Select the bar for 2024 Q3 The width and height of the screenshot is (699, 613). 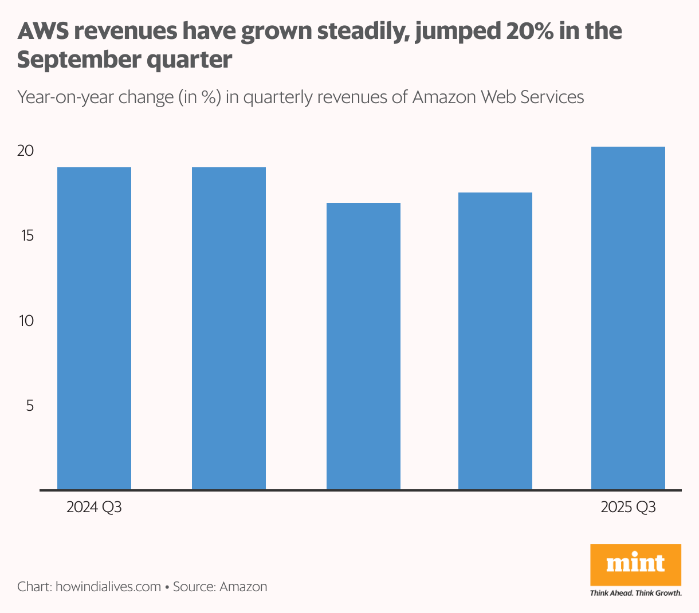[94, 328]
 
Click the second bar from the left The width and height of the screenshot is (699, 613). [229, 328]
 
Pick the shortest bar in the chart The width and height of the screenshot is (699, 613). [363, 346]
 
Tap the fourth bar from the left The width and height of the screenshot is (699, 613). [495, 341]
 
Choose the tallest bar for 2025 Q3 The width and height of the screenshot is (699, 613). [628, 318]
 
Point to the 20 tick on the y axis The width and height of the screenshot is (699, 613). [26, 151]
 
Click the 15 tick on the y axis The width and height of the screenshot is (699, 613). [26, 235]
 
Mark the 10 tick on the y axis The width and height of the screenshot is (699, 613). [26, 320]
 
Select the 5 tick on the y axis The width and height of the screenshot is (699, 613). [30, 405]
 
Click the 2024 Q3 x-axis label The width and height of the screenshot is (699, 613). [94, 508]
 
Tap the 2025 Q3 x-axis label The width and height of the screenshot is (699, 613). [628, 508]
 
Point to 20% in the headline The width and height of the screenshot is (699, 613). [528, 32]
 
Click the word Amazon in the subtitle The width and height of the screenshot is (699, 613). [444, 97]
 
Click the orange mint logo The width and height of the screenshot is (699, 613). [635, 564]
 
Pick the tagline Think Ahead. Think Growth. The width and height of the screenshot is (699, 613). [635, 593]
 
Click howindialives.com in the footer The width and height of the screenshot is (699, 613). [108, 587]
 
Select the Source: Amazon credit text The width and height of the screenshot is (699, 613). [220, 587]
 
